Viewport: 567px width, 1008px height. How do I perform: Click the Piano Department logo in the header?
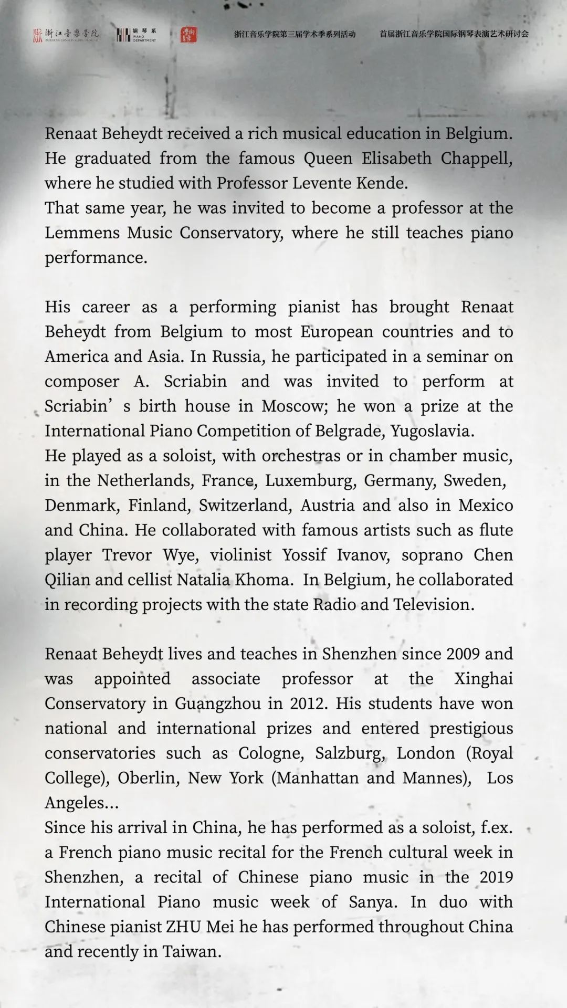click(x=136, y=35)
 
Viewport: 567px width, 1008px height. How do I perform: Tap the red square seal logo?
click(x=188, y=35)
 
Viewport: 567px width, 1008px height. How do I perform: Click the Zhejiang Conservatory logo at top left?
click(x=66, y=35)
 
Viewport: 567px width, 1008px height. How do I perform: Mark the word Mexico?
click(x=486, y=505)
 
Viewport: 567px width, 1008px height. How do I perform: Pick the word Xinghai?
click(x=483, y=679)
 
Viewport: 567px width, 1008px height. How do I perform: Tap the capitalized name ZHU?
click(x=184, y=927)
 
